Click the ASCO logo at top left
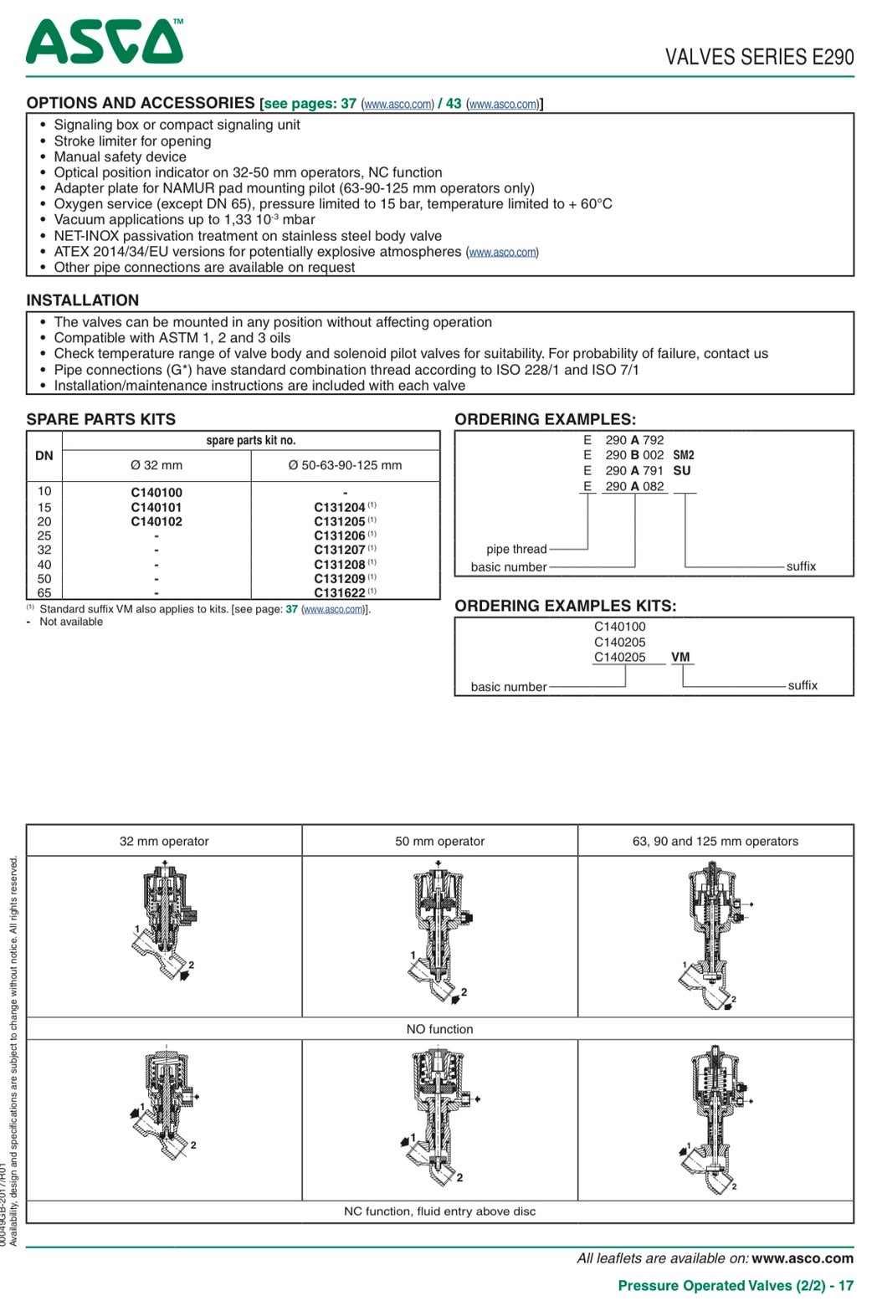[104, 42]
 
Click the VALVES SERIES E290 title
[759, 57]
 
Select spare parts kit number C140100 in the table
[156, 493]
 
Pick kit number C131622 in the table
[340, 593]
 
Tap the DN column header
[44, 456]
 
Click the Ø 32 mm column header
[156, 465]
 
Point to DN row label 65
[44, 593]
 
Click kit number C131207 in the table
[340, 550]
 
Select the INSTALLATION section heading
[83, 300]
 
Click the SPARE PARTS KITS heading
[101, 419]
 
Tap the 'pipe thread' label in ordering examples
[516, 549]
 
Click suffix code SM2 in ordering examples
[684, 455]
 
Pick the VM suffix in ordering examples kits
[680, 657]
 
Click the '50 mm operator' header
[439, 841]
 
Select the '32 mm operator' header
[164, 841]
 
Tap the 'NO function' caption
[439, 1029]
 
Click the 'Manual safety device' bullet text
[121, 156]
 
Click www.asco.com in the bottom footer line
[803, 1258]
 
